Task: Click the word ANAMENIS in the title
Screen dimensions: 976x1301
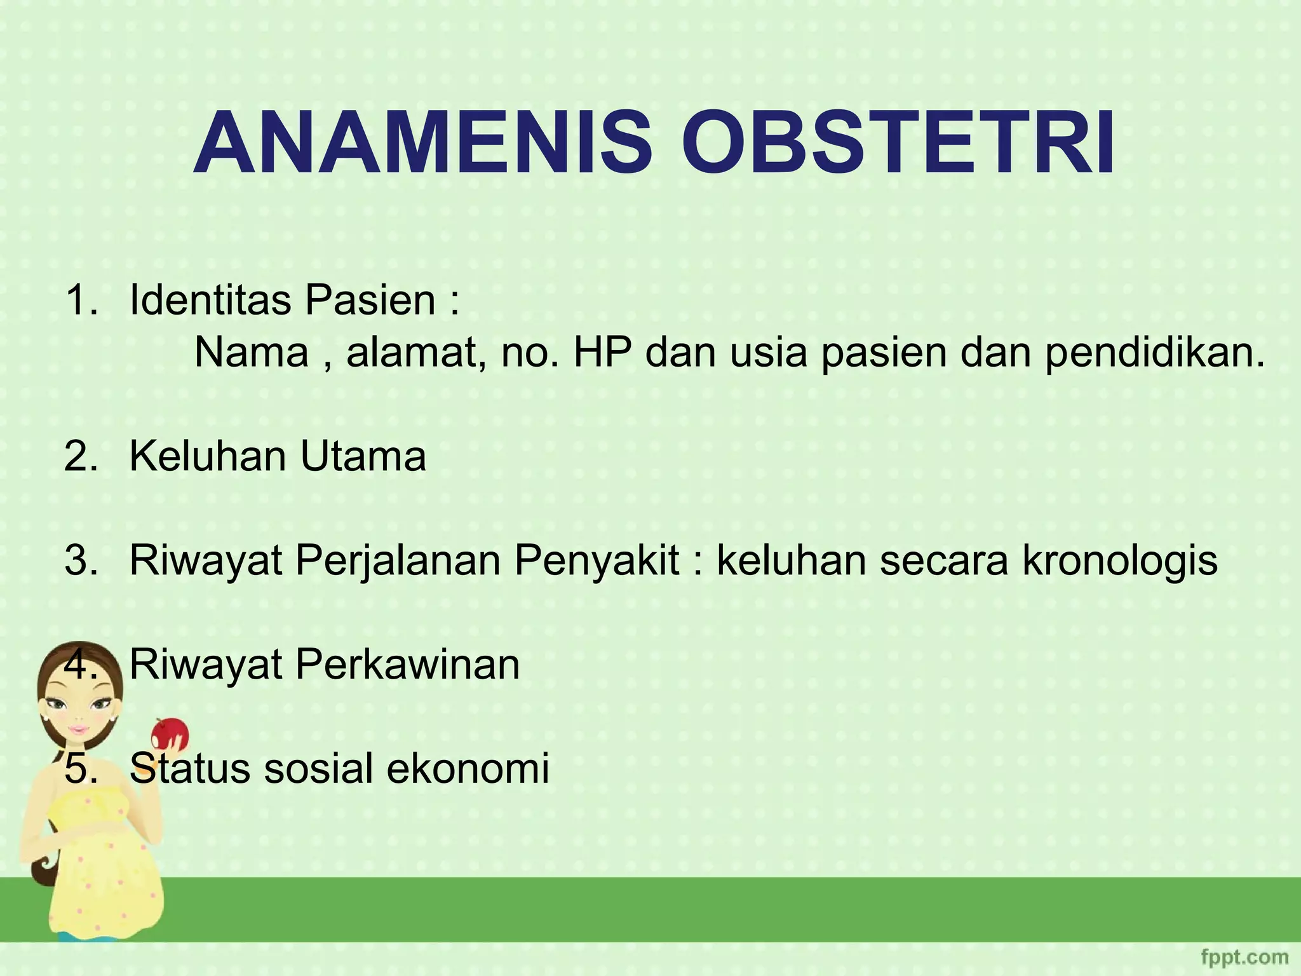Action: click(x=422, y=145)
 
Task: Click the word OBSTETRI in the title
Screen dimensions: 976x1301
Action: click(x=898, y=145)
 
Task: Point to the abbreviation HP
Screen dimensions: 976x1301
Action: click(x=602, y=353)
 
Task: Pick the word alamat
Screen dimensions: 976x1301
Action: click(x=415, y=353)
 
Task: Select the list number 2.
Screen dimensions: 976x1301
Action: click(x=81, y=456)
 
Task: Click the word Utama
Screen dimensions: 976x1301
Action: click(x=363, y=456)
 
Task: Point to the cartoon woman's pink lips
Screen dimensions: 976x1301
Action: click(x=78, y=729)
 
